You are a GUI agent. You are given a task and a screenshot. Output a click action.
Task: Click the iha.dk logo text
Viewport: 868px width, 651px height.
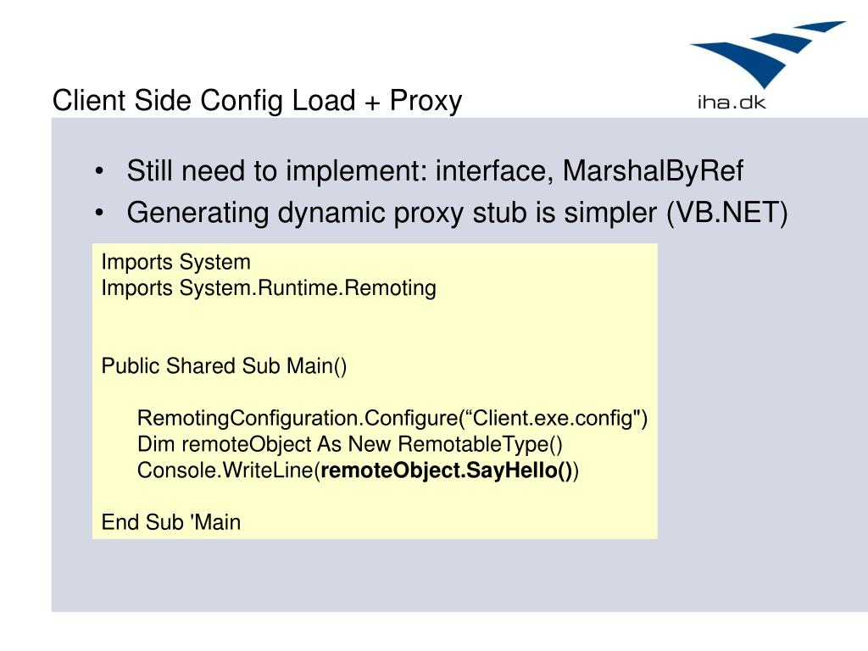coord(731,103)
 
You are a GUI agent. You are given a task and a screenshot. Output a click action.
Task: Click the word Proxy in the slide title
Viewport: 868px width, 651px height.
coord(426,101)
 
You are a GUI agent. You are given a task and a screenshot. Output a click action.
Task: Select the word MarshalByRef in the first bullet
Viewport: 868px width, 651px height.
coord(654,171)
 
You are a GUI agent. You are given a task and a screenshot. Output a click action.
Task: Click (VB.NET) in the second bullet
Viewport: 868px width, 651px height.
coord(726,212)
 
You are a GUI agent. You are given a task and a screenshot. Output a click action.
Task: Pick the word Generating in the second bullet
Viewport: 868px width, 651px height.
coord(199,212)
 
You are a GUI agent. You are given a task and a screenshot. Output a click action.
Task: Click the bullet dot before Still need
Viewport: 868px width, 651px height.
coord(101,172)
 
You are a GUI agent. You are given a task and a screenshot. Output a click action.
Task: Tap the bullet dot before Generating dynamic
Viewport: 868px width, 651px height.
coord(101,213)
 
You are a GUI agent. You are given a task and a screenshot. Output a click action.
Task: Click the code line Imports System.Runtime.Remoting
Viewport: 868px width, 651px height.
coord(269,288)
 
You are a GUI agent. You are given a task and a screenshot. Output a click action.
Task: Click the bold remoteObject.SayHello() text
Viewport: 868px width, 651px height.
coord(448,471)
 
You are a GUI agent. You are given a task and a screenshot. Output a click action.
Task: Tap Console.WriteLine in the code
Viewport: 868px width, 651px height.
coord(225,471)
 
